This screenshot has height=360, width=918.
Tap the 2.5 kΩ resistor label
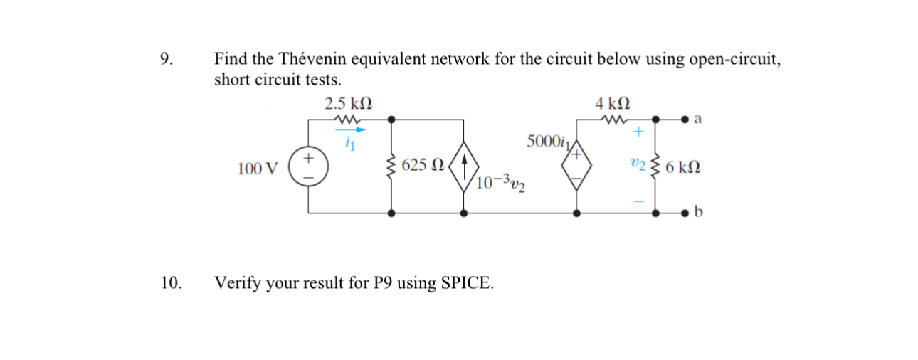[x=347, y=103]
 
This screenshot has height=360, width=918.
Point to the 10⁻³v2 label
[x=502, y=184]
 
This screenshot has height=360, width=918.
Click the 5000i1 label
[x=547, y=141]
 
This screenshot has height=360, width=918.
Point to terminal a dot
[x=685, y=119]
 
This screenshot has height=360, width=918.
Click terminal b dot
[x=685, y=212]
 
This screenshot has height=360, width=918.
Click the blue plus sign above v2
[x=638, y=132]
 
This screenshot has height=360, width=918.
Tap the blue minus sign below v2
[x=638, y=202]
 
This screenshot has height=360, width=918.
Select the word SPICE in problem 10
[x=466, y=283]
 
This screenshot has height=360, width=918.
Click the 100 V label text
[x=259, y=169]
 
